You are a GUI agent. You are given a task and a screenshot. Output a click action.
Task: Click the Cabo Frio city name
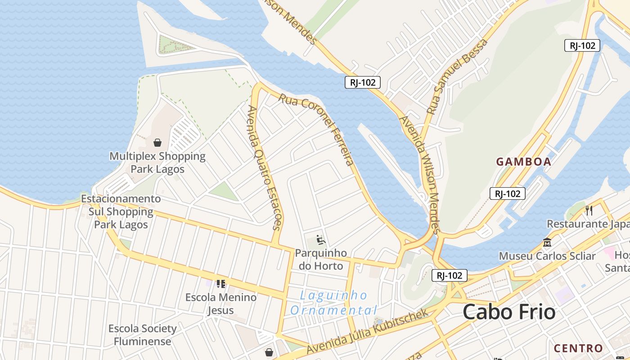pos(509,311)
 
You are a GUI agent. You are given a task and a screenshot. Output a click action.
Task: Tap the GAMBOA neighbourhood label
pos(523,162)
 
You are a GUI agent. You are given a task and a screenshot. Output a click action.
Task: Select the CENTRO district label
pos(578,348)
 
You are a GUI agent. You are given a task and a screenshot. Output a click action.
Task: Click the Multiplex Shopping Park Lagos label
pos(157,162)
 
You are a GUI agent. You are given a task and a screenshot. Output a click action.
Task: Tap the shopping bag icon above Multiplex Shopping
pos(157,143)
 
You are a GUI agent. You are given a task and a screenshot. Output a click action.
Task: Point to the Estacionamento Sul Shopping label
pos(121,211)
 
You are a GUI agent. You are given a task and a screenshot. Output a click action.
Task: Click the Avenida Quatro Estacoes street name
pos(265,167)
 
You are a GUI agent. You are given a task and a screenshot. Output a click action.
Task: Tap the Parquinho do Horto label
pos(321,259)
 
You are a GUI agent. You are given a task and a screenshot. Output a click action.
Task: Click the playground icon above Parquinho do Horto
pos(321,240)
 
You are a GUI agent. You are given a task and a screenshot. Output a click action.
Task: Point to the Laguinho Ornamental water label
pos(333,303)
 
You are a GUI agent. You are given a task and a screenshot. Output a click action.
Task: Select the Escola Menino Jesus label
pos(221,303)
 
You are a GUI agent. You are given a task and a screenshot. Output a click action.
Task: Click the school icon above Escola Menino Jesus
pos(220,283)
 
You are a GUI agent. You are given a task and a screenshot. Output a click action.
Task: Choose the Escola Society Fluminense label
pos(142,334)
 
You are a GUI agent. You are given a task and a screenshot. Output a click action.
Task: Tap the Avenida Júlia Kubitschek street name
pos(367,332)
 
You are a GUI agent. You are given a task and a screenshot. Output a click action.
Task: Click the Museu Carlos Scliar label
pos(547,256)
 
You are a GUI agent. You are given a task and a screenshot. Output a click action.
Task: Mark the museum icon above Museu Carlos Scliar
pos(547,242)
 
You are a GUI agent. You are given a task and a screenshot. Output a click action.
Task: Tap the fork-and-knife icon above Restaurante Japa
pos(589,210)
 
